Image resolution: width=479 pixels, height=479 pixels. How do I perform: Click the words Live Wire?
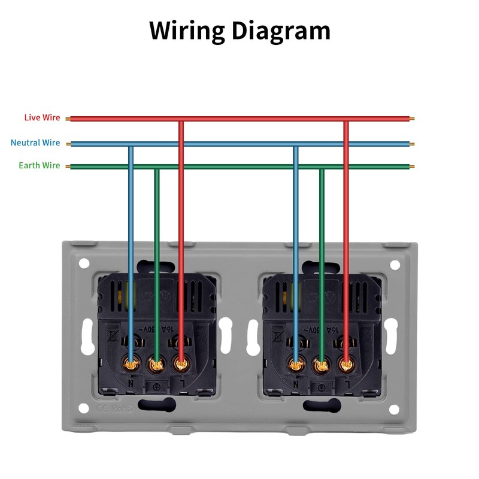click(x=42, y=117)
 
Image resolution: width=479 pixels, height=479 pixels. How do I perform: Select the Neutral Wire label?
click(x=35, y=143)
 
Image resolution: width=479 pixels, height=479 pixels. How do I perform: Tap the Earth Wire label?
click(x=40, y=165)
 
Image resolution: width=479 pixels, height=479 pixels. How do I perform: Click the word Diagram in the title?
click(x=281, y=30)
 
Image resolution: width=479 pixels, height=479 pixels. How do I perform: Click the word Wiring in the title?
click(x=186, y=30)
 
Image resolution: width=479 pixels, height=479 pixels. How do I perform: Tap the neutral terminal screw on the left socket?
click(x=131, y=362)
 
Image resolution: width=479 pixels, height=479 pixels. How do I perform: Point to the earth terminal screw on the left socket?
click(x=156, y=362)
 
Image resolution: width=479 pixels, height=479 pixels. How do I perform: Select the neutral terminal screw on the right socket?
click(x=296, y=362)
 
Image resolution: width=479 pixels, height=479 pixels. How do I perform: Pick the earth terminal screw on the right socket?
click(x=321, y=362)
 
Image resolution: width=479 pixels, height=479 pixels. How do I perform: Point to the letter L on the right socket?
click(x=347, y=383)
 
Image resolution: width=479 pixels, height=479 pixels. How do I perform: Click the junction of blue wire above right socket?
click(x=296, y=144)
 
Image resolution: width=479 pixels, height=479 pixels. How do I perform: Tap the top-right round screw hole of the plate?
click(x=395, y=264)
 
